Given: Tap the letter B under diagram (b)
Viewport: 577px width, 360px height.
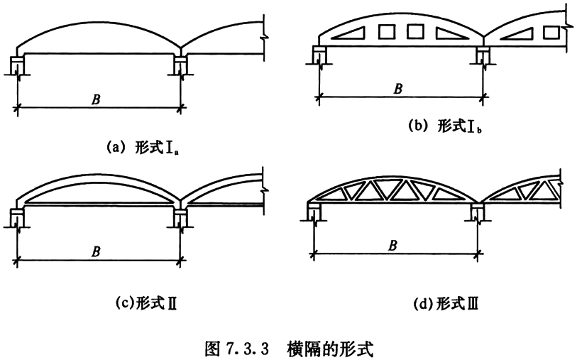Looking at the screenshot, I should [x=398, y=89].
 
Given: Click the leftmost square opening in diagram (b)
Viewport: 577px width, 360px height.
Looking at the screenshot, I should [x=388, y=31].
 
